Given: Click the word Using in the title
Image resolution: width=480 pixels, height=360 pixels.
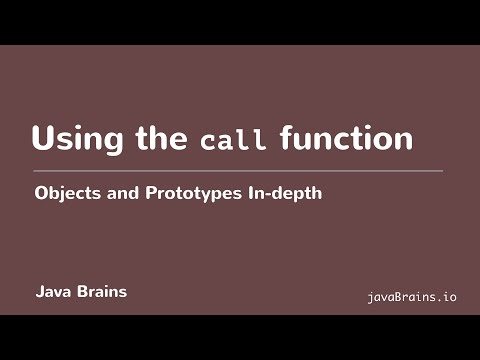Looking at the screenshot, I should pyautogui.click(x=77, y=139).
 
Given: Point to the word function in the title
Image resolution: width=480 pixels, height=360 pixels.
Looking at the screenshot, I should pyautogui.click(x=346, y=138).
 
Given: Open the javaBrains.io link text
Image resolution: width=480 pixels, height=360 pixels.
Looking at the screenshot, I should pyautogui.click(x=412, y=297).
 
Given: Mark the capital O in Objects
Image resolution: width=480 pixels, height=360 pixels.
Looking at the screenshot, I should pyautogui.click(x=41, y=194).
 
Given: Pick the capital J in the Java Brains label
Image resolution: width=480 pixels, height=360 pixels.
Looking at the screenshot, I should pyautogui.click(x=39, y=293).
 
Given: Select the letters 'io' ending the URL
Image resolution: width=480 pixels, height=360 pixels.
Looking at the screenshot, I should pyautogui.click(x=448, y=297).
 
